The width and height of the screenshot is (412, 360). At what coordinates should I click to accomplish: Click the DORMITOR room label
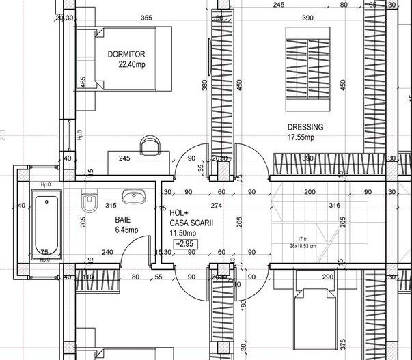pos(126,54)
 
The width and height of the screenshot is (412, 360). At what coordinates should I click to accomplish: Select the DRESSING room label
pos(305,127)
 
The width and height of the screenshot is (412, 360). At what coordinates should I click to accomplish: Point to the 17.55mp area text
pos(301,137)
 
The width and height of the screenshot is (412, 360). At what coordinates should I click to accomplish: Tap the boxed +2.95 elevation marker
pos(183,243)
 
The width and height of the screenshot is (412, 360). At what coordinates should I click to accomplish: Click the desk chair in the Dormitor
pos(150,146)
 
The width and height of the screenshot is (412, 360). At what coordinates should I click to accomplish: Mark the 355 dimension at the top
pos(146,18)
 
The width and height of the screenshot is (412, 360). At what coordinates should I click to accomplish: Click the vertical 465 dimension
pos(83,83)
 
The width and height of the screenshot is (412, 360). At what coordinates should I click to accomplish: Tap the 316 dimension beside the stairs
pos(334,205)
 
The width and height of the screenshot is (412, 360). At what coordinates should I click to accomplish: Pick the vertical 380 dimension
pos(204,85)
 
